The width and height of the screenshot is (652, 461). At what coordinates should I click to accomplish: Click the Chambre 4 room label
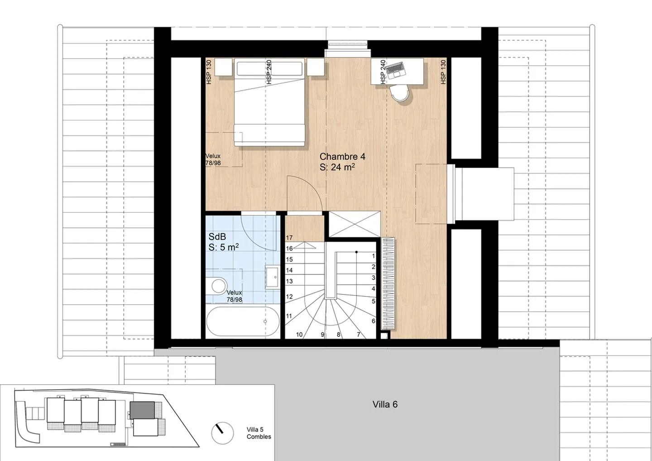[342, 157]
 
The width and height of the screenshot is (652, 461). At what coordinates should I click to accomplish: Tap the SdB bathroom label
[217, 237]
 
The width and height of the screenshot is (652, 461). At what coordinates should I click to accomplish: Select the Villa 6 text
[385, 404]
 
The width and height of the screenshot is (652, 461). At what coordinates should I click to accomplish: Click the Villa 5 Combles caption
[259, 433]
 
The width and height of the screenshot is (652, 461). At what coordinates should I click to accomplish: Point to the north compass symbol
[222, 432]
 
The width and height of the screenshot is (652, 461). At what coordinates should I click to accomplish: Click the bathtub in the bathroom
[243, 321]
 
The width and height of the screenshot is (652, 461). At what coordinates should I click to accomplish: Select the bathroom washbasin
[273, 277]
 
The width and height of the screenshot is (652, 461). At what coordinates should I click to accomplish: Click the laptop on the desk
[395, 68]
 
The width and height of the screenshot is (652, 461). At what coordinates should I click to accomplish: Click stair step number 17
[289, 238]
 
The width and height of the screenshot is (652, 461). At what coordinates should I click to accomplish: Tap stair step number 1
[374, 256]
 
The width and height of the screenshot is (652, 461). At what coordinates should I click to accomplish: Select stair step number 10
[299, 335]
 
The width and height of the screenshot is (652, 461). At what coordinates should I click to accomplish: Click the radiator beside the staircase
[389, 283]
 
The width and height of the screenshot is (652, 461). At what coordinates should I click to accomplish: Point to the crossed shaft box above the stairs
[353, 224]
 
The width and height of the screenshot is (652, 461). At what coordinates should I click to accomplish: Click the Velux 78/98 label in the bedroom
[213, 159]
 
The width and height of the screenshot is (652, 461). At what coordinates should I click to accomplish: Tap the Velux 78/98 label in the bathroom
[234, 296]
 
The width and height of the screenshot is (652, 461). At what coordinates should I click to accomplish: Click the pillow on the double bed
[269, 69]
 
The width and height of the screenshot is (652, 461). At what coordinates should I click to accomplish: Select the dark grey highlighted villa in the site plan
[142, 410]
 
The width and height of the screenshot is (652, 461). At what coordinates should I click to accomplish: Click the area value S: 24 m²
[337, 167]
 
